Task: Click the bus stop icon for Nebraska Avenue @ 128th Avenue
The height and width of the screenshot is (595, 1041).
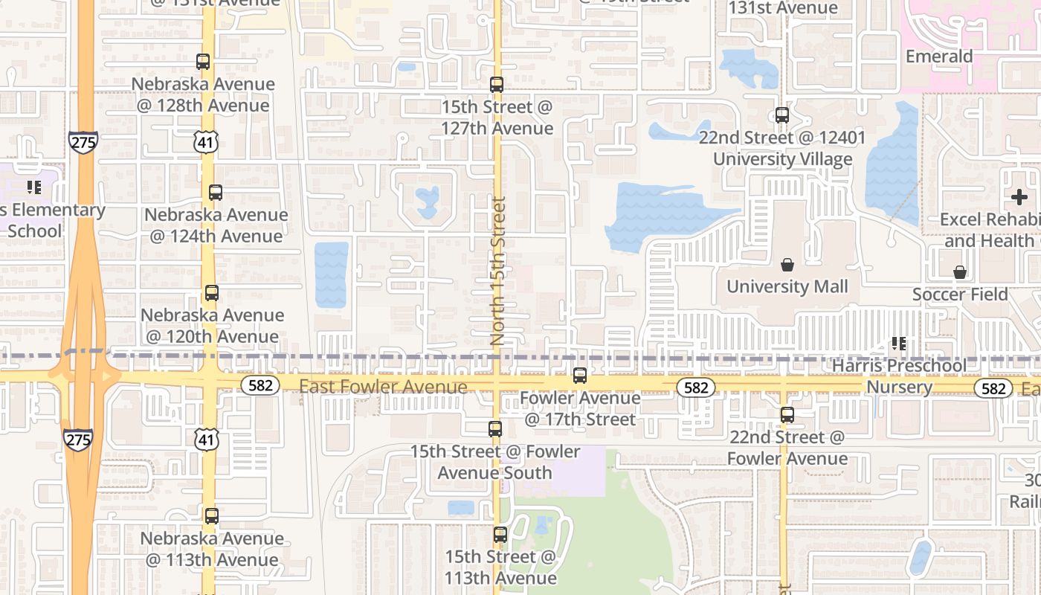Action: [203, 62]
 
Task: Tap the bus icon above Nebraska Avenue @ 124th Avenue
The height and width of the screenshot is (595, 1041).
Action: [216, 193]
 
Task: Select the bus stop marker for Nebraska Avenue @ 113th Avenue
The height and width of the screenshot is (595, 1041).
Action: [212, 516]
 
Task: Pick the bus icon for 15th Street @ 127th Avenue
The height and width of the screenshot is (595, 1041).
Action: [497, 85]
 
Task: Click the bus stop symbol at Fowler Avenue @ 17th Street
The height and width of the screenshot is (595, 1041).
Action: [580, 376]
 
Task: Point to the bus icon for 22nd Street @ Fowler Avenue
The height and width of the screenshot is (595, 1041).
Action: [787, 415]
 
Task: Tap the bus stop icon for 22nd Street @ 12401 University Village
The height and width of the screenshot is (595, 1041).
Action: [782, 115]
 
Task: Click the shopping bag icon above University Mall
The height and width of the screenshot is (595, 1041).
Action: [787, 265]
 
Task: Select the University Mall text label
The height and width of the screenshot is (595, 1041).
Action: [787, 286]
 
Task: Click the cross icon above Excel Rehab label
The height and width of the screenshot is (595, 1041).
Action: [1019, 197]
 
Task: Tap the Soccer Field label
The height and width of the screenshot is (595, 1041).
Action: [960, 295]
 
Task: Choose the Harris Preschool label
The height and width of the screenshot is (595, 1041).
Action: [899, 365]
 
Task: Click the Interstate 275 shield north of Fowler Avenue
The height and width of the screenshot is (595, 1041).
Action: [83, 142]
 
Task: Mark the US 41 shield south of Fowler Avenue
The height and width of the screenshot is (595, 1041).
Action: [207, 439]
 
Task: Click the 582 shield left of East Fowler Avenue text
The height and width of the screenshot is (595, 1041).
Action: [260, 385]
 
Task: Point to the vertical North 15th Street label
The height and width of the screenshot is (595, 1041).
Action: [497, 270]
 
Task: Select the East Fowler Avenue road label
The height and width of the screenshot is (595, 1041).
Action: [383, 387]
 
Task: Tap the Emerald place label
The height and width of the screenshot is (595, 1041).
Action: [939, 57]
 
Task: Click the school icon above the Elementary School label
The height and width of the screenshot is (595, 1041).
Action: [33, 187]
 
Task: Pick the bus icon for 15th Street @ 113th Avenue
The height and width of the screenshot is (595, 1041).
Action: [500, 535]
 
